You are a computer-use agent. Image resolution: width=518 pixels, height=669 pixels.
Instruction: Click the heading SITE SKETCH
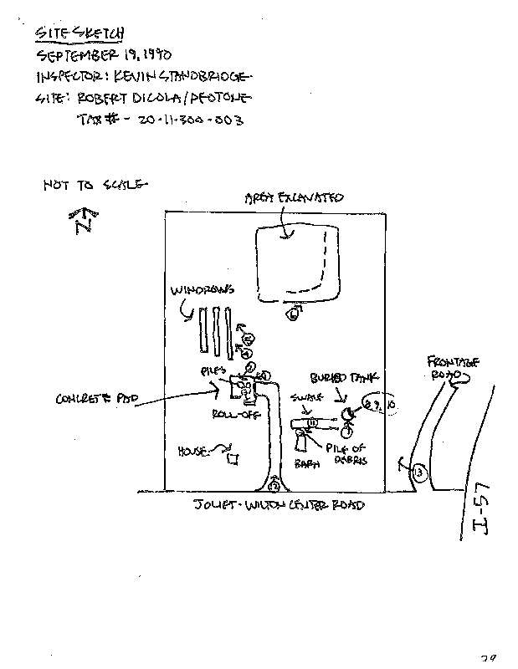click(x=80, y=33)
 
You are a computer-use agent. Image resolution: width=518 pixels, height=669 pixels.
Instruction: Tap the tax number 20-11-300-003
click(x=193, y=120)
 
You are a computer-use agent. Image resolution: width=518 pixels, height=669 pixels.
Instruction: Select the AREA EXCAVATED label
click(x=294, y=198)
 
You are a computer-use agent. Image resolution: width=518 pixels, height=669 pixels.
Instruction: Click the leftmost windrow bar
click(x=203, y=331)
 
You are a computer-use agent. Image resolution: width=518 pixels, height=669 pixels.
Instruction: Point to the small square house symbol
click(x=235, y=457)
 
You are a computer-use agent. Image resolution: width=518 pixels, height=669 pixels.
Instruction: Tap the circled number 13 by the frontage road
click(x=419, y=473)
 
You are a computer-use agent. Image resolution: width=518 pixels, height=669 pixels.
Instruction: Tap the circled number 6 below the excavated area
click(x=293, y=314)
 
